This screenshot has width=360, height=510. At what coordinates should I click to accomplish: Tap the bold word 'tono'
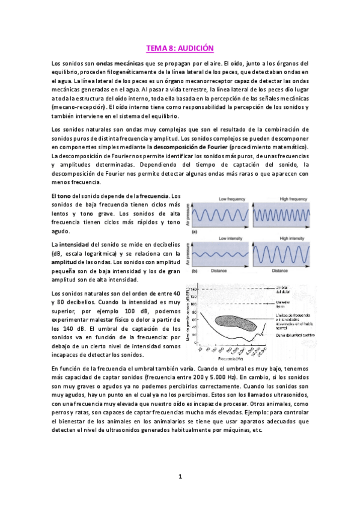(x=65, y=196)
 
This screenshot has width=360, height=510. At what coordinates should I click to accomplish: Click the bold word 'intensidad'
(x=74, y=245)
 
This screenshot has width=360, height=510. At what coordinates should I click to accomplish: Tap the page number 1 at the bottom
(x=180, y=478)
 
